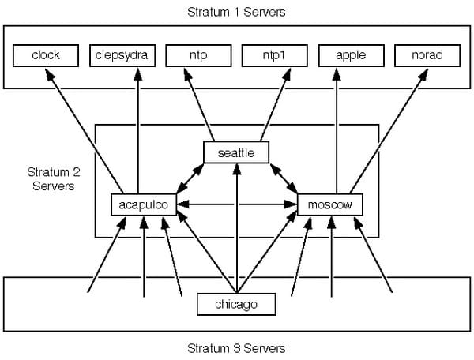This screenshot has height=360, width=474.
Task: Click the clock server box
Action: coord(46,55)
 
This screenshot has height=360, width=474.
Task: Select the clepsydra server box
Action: coord(122,55)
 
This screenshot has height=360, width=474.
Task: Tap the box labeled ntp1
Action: coord(275,55)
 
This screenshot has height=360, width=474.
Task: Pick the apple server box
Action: coord(352,55)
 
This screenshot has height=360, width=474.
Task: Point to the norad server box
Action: coord(427,55)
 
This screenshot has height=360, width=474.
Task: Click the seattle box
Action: coord(236,152)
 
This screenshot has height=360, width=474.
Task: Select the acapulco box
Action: coord(144,204)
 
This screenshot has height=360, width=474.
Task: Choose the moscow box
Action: coord(330,204)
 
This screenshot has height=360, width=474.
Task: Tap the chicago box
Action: coord(236,304)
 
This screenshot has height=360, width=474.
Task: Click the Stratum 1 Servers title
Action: coord(236,12)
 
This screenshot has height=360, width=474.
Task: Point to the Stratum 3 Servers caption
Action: coord(236,348)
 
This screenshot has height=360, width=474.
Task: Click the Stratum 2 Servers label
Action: coord(54,178)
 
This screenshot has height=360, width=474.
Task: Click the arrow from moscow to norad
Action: coord(389,131)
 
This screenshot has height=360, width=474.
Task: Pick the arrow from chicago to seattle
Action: coord(237,228)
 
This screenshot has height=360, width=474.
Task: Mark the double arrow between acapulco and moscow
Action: coord(237,204)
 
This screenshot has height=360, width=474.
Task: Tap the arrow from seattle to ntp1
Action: coord(276,105)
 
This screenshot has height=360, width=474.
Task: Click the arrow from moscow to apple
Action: coord(337,131)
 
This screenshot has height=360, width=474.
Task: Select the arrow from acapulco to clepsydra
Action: coord(138,131)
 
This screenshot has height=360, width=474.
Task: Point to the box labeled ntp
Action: coord(198,55)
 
